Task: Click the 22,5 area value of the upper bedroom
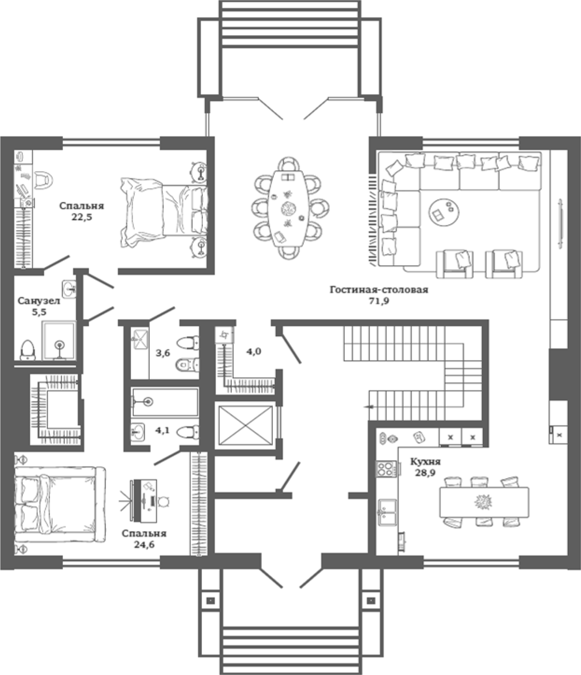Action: (x=81, y=217)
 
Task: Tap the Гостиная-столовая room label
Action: (x=379, y=290)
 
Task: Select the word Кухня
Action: (x=426, y=462)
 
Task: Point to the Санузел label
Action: (x=39, y=301)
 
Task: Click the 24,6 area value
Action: (x=144, y=545)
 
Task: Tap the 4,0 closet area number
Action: (x=254, y=351)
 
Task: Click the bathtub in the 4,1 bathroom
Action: (x=165, y=402)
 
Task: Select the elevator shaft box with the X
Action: (x=246, y=425)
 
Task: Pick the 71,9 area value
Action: (x=379, y=301)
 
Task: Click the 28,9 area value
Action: (x=426, y=473)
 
